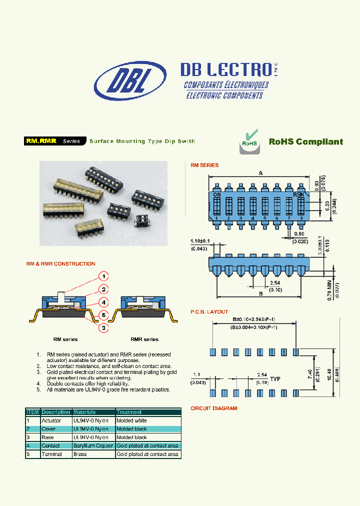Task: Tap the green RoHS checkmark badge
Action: coord(249,140)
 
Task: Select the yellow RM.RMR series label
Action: coord(41,141)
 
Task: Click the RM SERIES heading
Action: coord(204,165)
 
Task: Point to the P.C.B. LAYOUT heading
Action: coord(209,311)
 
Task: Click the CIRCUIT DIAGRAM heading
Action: coord(213,408)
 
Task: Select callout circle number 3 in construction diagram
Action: coord(102,328)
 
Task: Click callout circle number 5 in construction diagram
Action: coord(102,315)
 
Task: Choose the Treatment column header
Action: coord(129,412)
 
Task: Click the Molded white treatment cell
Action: coord(131,421)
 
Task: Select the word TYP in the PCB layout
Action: coord(275,379)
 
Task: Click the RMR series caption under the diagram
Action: coord(144,339)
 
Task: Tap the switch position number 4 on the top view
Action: coord(252,218)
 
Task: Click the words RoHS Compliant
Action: coord(306,142)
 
